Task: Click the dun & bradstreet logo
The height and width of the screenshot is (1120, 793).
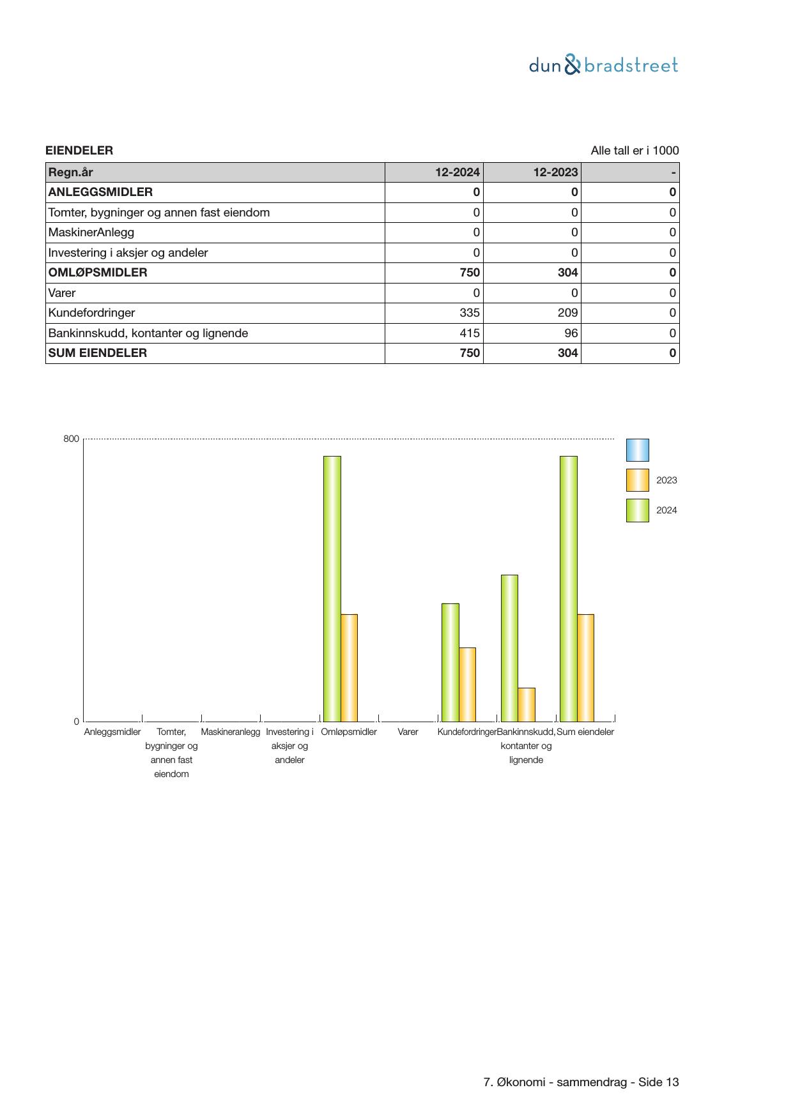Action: [x=603, y=65]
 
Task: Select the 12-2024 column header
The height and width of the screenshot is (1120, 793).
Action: [x=458, y=172]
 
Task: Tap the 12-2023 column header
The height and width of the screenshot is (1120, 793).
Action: [x=555, y=172]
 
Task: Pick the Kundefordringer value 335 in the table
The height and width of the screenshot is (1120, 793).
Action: [x=470, y=313]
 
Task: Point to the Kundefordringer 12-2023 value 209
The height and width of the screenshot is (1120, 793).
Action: [x=567, y=313]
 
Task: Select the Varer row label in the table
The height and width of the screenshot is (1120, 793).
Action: [x=62, y=293]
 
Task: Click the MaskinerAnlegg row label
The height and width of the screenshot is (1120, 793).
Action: [x=91, y=232]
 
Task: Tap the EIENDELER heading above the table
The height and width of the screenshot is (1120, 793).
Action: [x=79, y=151]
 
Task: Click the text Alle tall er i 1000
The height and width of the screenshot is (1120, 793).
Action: [x=635, y=151]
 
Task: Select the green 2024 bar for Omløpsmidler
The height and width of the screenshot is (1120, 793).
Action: [x=332, y=587]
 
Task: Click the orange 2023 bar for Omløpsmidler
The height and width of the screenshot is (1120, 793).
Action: [x=349, y=667]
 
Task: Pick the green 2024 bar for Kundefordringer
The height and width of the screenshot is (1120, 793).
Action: [x=450, y=662]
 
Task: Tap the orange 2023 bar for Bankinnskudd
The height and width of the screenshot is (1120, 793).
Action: [x=527, y=704]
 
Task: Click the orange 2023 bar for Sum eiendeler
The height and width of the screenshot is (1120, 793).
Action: [x=585, y=667]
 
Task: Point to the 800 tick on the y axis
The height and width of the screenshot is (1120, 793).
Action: [x=71, y=439]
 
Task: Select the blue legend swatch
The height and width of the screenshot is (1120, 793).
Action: [x=637, y=450]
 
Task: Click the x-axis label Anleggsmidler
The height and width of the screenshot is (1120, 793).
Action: [x=112, y=732]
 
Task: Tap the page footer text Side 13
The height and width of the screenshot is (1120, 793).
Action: [x=658, y=1082]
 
